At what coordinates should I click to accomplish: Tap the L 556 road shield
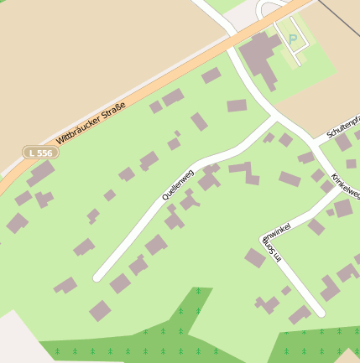pyautogui.click(x=39, y=153)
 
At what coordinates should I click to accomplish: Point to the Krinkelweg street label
pyautogui.click(x=345, y=187)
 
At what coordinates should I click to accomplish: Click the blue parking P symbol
pyautogui.click(x=293, y=39)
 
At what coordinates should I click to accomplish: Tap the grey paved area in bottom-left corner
pyautogui.click(x=17, y=340)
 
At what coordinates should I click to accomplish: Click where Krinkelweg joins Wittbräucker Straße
pyautogui.click(x=227, y=37)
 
